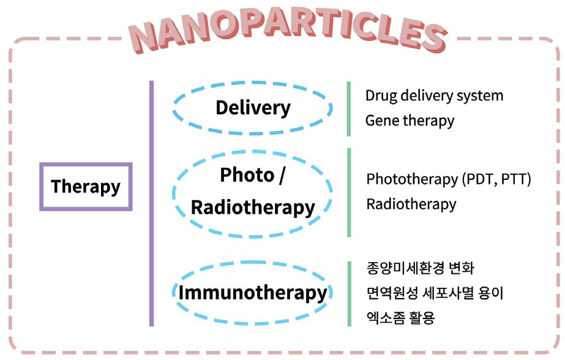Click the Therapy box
(x=86, y=187)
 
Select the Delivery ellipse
(x=253, y=108)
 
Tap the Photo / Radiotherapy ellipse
(x=253, y=191)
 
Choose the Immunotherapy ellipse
(x=253, y=292)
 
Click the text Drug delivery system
(x=434, y=96)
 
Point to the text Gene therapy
(x=410, y=121)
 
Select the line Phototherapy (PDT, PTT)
(x=448, y=179)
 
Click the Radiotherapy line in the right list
(x=411, y=204)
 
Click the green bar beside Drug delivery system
(x=348, y=108)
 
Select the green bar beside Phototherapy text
(x=348, y=192)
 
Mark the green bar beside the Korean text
(x=348, y=293)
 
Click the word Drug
(x=381, y=96)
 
